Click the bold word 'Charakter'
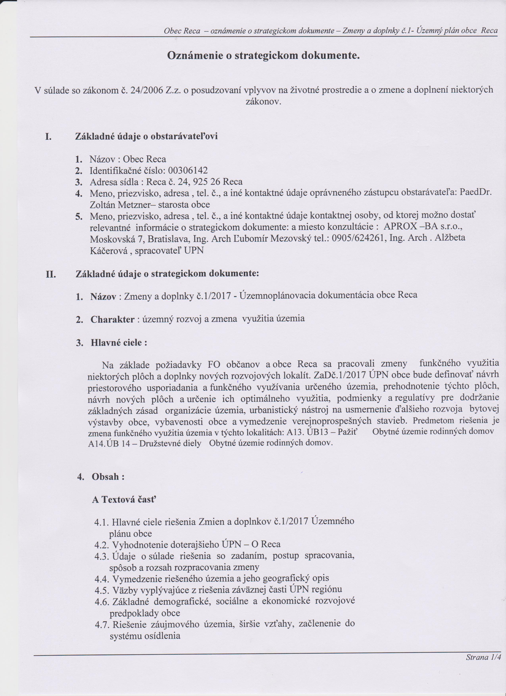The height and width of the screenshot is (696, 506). coord(112,320)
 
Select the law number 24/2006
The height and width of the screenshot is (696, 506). coord(146,90)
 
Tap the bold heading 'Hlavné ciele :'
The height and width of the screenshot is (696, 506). coord(119,343)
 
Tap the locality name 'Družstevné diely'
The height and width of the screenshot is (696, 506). coord(170,443)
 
